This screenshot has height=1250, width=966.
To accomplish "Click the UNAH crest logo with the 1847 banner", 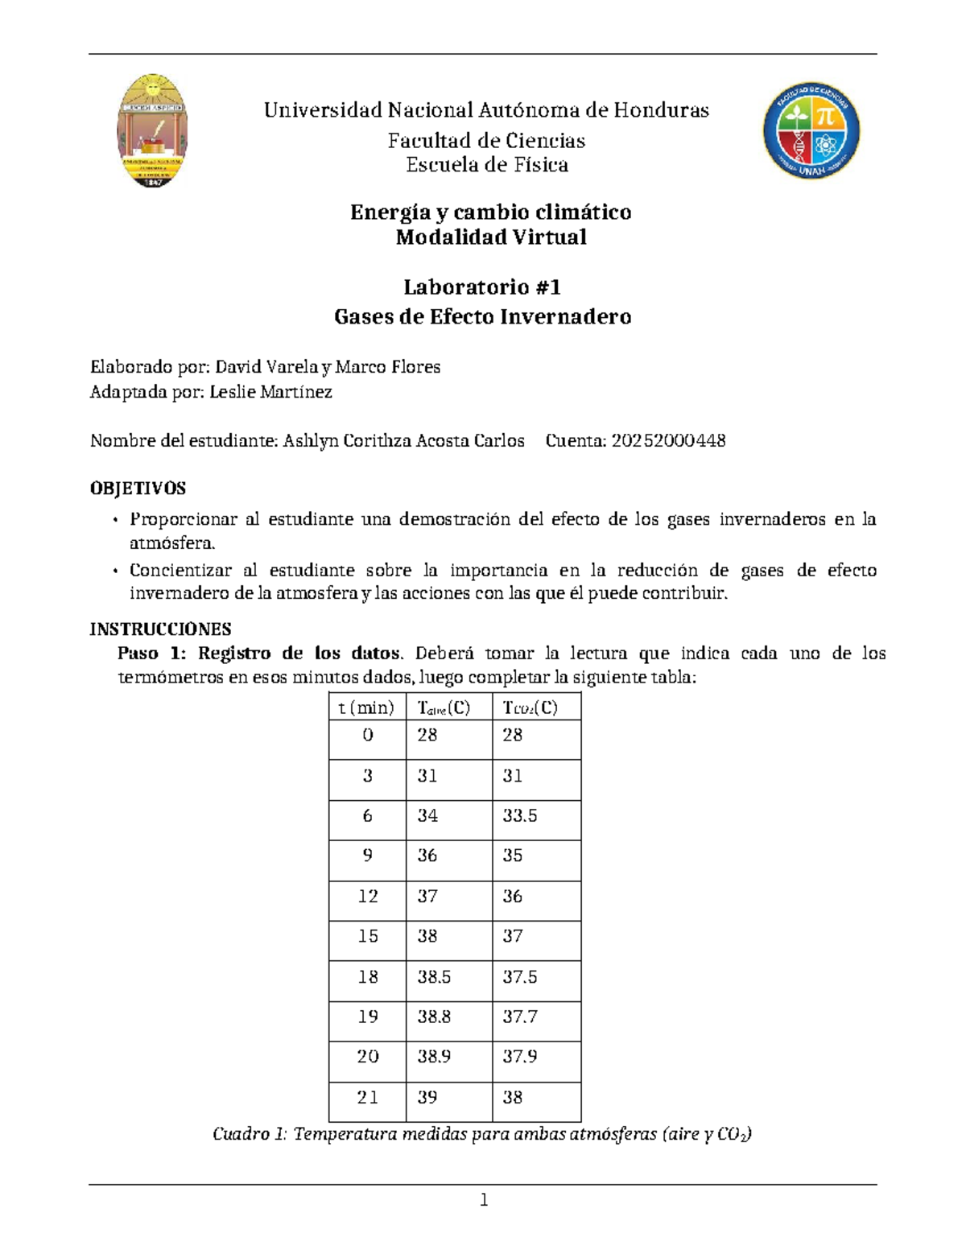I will (x=152, y=131).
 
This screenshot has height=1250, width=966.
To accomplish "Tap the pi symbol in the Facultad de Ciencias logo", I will (x=828, y=117).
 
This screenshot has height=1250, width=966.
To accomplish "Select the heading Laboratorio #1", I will (x=481, y=287).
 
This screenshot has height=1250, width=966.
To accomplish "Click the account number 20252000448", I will (x=668, y=441).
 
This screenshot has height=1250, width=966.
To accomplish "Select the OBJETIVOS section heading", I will (x=138, y=489).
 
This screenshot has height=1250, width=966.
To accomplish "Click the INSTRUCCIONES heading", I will (x=160, y=629).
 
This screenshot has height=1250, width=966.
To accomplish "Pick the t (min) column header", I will (x=366, y=708).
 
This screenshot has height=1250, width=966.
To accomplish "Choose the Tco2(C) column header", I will (x=530, y=708).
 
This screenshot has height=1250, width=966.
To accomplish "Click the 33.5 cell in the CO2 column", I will (x=520, y=816).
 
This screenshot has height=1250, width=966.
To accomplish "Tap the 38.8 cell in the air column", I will (x=434, y=1017).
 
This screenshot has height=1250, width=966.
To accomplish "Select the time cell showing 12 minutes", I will (x=368, y=897).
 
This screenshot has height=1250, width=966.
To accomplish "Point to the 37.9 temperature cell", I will (x=520, y=1057).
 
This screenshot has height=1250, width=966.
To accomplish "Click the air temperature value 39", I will (x=427, y=1098).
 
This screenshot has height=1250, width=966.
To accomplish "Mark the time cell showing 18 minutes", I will (x=368, y=977).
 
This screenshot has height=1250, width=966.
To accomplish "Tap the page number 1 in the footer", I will (x=484, y=1201).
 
